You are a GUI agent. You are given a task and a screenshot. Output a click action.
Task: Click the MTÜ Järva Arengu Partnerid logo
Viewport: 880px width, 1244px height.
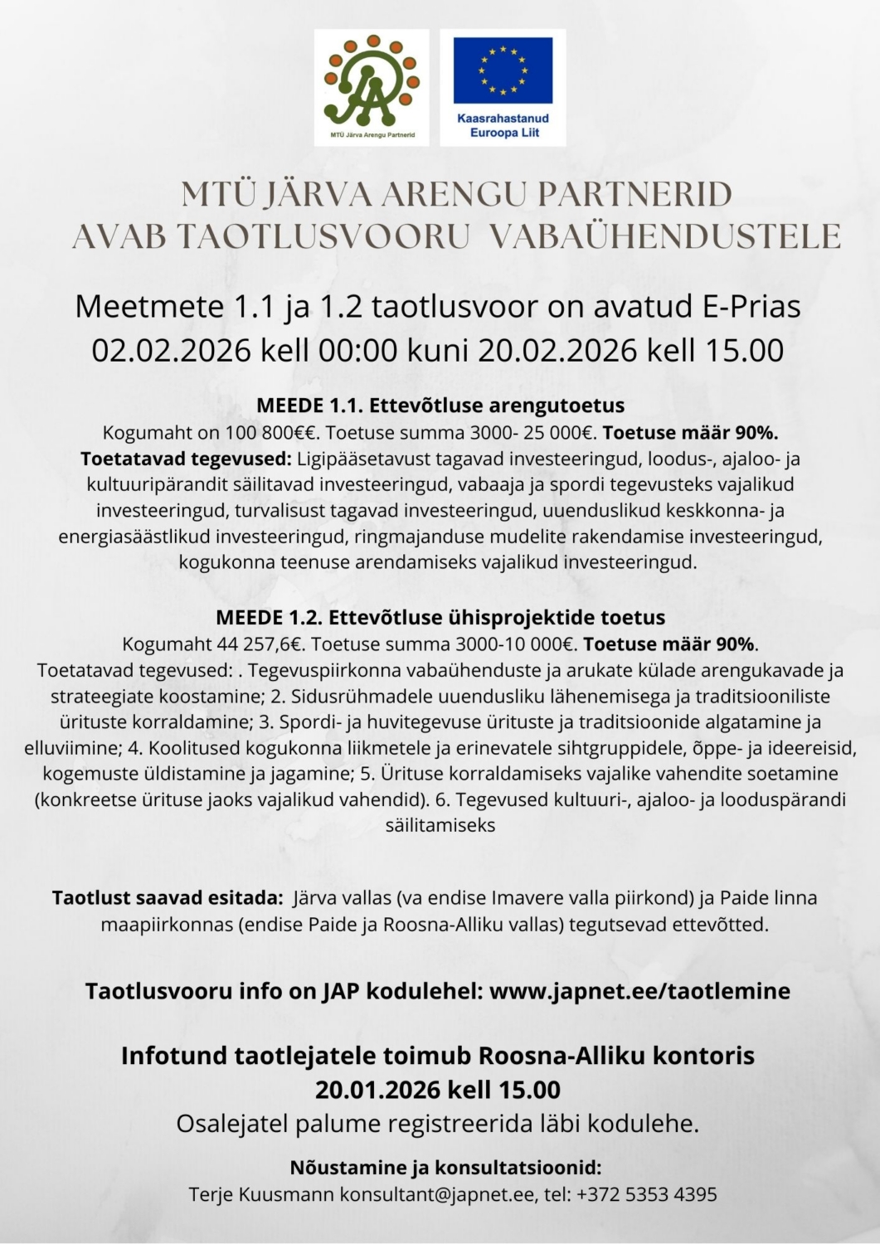(372, 87)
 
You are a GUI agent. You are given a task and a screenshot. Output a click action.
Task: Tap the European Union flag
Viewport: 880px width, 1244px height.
(503, 70)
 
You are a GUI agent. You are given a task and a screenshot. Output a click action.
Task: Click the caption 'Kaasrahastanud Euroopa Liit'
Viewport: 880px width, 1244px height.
(503, 125)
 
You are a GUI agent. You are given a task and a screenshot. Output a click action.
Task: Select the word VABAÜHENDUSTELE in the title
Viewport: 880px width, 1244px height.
(664, 236)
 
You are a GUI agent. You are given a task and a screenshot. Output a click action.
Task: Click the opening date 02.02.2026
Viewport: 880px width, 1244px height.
(171, 351)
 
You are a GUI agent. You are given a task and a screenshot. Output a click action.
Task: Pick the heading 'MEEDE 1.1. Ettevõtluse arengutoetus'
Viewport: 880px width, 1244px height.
(440, 406)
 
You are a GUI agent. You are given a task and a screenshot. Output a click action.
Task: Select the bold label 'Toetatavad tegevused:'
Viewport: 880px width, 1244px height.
(186, 459)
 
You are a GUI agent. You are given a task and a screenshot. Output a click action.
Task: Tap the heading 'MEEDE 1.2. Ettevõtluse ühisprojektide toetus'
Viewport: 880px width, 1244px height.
(440, 617)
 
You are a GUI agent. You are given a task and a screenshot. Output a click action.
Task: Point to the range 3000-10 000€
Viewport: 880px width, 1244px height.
(522, 644)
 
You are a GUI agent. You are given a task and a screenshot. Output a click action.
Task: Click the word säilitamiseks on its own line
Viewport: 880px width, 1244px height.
(440, 825)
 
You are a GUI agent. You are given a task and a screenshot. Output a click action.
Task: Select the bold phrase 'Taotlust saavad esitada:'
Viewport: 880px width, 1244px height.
(168, 897)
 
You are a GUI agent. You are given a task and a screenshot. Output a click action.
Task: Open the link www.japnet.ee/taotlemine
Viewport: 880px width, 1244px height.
(639, 991)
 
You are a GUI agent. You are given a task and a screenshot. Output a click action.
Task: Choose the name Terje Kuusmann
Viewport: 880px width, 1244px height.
(261, 1194)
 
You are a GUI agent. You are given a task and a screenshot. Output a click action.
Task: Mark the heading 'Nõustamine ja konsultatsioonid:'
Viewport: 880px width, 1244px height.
(445, 1168)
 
